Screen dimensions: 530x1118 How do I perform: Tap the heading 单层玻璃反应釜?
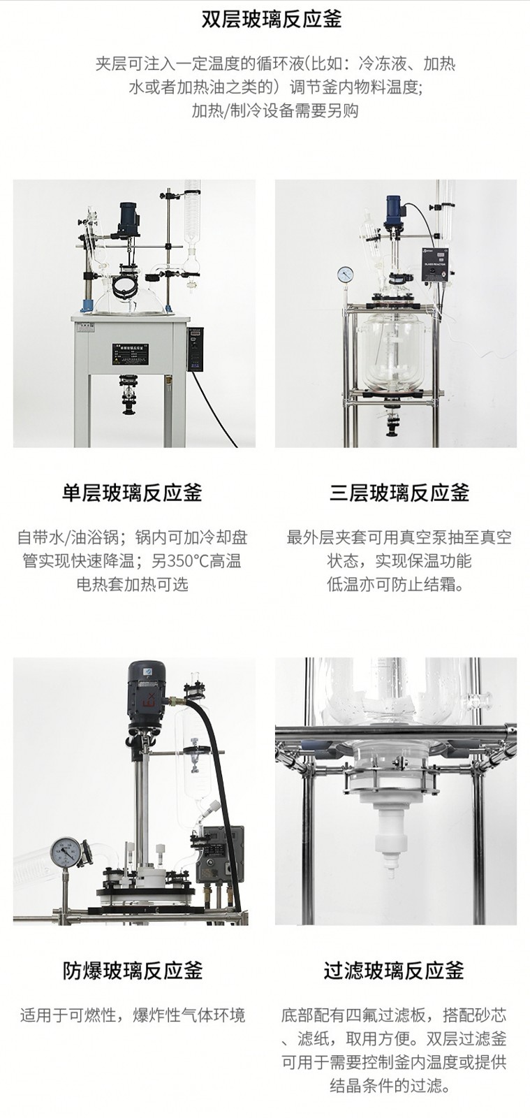[132, 493]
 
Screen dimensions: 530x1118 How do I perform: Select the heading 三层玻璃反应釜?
[399, 493]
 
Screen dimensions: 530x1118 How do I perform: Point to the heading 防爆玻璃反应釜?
[132, 971]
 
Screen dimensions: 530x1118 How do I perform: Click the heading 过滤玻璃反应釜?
[393, 971]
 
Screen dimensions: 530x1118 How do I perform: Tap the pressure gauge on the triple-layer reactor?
[345, 273]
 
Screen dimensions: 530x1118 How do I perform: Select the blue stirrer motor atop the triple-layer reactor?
[392, 210]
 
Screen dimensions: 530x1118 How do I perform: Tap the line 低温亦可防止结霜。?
[396, 584]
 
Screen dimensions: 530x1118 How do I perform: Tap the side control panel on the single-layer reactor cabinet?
[195, 349]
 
